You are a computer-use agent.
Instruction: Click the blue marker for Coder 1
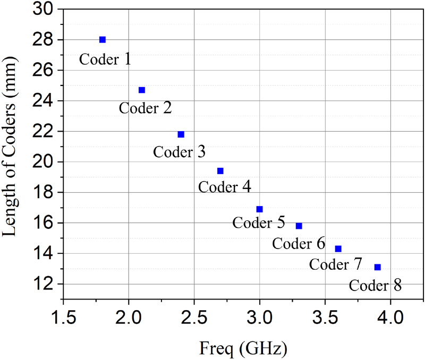pyautogui.click(x=103, y=40)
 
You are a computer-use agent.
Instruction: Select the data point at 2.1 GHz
pyautogui.click(x=142, y=90)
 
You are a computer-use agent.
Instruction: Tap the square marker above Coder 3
pyautogui.click(x=181, y=134)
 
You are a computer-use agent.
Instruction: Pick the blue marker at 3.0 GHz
pyautogui.click(x=259, y=209)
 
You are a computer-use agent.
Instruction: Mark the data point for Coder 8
pyautogui.click(x=377, y=267)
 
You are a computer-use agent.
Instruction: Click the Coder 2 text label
pyautogui.click(x=145, y=108)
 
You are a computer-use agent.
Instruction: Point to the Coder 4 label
pyautogui.click(x=224, y=187)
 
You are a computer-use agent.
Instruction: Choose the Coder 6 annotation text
pyautogui.click(x=299, y=244)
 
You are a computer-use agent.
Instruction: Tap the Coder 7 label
pyautogui.click(x=336, y=263)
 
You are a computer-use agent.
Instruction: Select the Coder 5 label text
pyautogui.click(x=259, y=222)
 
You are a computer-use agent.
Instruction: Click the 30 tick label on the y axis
pyautogui.click(x=45, y=9)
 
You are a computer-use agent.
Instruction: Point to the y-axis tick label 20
pyautogui.click(x=45, y=162)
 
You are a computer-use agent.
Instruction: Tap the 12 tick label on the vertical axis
pyautogui.click(x=45, y=284)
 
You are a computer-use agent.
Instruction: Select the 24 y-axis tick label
pyautogui.click(x=45, y=101)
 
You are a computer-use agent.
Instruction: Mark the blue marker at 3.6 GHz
pyautogui.click(x=338, y=249)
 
